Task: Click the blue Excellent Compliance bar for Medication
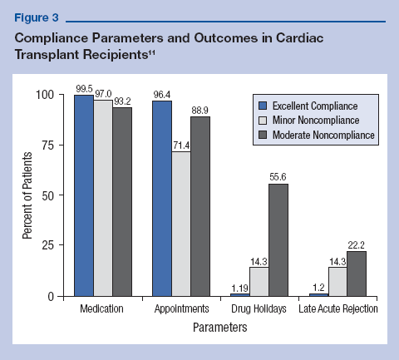84,195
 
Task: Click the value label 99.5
84,87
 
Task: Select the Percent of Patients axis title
28,195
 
